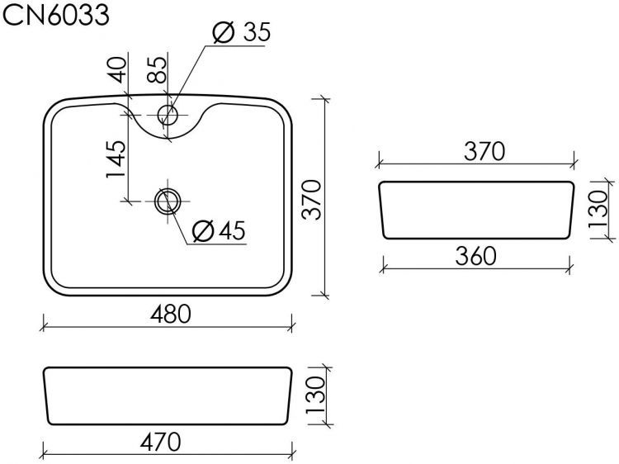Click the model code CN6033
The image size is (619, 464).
(56, 14)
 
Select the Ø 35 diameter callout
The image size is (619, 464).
(241, 32)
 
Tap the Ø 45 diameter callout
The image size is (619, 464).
(218, 232)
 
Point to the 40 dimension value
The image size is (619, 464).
(117, 69)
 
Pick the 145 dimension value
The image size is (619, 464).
(116, 159)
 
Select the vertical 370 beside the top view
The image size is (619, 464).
(311, 198)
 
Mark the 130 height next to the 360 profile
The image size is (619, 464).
(597, 210)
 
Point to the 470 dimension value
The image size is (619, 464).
(162, 442)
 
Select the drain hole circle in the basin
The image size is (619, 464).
(168, 200)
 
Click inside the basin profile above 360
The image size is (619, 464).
(475, 211)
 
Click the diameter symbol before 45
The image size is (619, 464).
(202, 232)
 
